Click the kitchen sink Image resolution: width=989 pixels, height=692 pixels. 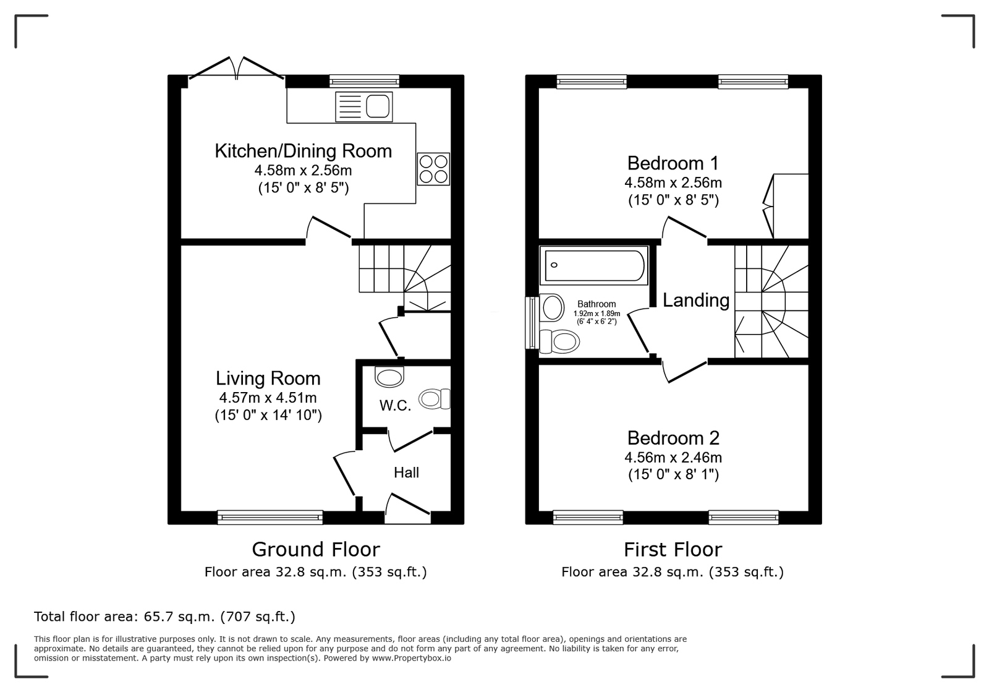point(364,106)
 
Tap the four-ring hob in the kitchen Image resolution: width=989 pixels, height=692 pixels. point(433,169)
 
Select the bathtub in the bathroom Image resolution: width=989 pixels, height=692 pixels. point(594,265)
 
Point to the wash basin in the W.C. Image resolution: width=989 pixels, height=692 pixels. point(389,377)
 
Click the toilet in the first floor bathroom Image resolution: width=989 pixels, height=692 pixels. point(559,341)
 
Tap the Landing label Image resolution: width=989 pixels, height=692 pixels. point(696,301)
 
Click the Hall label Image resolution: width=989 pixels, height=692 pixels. point(406,472)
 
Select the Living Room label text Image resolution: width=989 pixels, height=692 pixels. point(268,378)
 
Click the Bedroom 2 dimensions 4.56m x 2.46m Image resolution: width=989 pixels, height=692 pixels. point(673,458)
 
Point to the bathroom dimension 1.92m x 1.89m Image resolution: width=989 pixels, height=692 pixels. point(596,314)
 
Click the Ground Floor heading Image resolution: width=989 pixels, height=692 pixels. point(316,550)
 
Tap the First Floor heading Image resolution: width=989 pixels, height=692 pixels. point(673,550)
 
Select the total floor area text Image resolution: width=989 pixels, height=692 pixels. point(164,617)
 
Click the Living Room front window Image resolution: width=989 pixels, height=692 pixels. point(270,517)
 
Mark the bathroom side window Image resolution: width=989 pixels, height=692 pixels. point(532,323)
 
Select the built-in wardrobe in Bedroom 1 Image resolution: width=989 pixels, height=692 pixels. point(786,206)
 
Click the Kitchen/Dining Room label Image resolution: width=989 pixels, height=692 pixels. point(303,151)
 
